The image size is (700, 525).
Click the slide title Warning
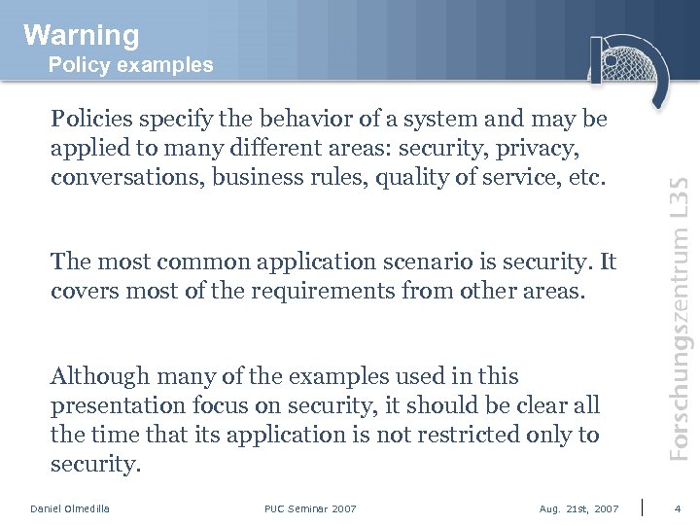tap(82, 35)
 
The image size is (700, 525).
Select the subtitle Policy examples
tap(130, 65)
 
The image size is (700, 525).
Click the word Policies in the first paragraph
tap(93, 119)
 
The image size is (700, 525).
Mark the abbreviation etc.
tap(585, 178)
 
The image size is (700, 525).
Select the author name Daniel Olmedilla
tap(70, 508)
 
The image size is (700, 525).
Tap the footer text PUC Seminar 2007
tap(310, 508)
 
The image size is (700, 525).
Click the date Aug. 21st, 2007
tap(578, 508)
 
